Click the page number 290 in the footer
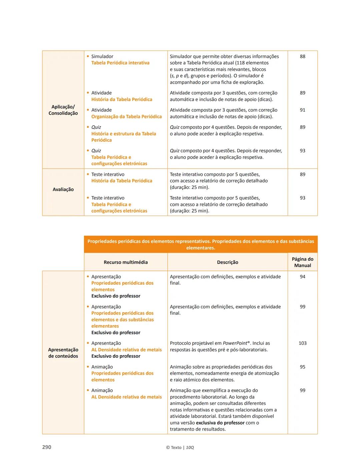pyautogui.click(x=47, y=447)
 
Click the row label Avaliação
pyautogui.click(x=63, y=189)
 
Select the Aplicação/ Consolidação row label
pyautogui.click(x=63, y=110)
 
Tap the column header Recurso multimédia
pyautogui.click(x=126, y=262)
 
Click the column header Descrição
pyautogui.click(x=228, y=262)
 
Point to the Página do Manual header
pyautogui.click(x=302, y=262)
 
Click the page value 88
pyautogui.click(x=302, y=56)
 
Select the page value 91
pyautogui.click(x=302, y=110)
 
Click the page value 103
pyautogui.click(x=302, y=343)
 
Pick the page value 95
pyautogui.click(x=302, y=367)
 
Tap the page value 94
pyautogui.click(x=302, y=276)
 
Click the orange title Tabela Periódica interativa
pyautogui.click(x=120, y=63)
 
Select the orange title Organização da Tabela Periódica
pyautogui.click(x=126, y=117)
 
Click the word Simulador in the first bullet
pyautogui.click(x=102, y=56)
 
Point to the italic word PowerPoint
pyautogui.click(x=235, y=343)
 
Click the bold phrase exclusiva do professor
pyautogui.click(x=220, y=423)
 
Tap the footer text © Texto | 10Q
pyautogui.click(x=180, y=447)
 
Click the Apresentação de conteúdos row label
pyautogui.click(x=63, y=353)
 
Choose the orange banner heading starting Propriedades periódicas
pyautogui.click(x=201, y=244)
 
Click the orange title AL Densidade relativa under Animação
pyautogui.click(x=126, y=397)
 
